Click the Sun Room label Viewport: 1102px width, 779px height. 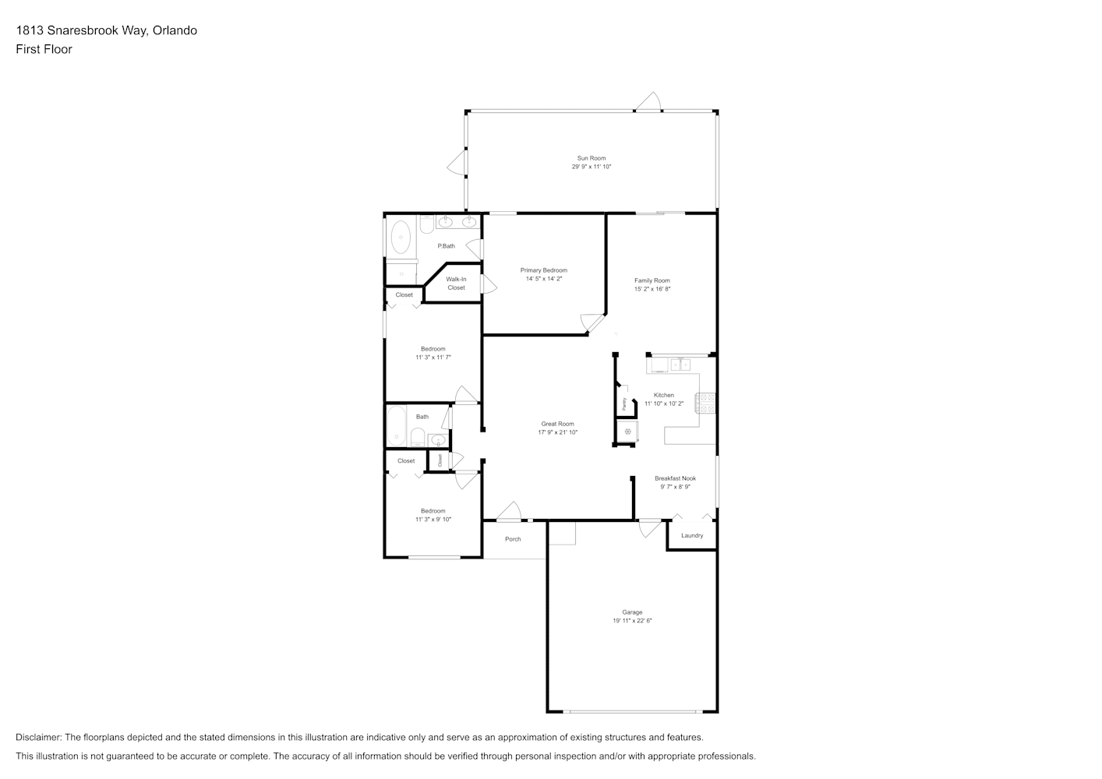(x=592, y=158)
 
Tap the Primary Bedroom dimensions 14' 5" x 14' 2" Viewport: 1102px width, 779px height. (x=544, y=279)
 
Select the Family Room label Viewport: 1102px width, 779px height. (x=652, y=280)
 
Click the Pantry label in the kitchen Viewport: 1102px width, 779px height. (x=624, y=404)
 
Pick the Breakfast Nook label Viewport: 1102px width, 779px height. (x=675, y=478)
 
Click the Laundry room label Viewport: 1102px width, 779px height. (x=692, y=536)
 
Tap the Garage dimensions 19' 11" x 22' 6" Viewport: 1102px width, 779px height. (x=632, y=621)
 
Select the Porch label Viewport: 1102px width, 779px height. (x=513, y=540)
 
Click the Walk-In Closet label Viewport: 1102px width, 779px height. (x=456, y=284)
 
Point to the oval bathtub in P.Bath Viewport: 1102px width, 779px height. (x=401, y=237)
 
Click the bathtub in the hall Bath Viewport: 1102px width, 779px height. (x=396, y=426)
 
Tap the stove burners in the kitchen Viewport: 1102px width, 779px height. (x=705, y=403)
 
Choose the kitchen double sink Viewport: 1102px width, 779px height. (x=680, y=365)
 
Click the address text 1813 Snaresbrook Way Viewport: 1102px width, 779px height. (x=81, y=30)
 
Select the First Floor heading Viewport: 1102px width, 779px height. (x=44, y=49)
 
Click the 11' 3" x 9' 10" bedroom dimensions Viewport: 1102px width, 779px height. (x=433, y=520)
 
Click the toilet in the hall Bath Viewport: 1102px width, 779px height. (x=418, y=437)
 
